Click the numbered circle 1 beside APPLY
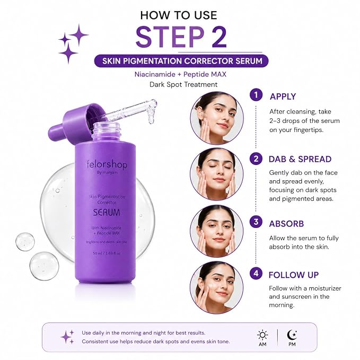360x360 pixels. click(x=256, y=95)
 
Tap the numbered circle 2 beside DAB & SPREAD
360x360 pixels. click(x=256, y=159)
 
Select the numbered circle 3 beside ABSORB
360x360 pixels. click(x=256, y=222)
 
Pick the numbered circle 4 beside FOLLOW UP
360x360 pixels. click(x=256, y=274)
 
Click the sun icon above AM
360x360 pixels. click(x=262, y=335)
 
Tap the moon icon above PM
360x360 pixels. click(x=292, y=335)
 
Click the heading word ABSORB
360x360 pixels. click(x=286, y=224)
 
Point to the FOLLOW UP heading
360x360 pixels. click(x=294, y=275)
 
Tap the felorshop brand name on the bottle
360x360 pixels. click(x=107, y=164)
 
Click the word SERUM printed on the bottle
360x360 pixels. click(x=107, y=213)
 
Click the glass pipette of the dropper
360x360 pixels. click(x=131, y=111)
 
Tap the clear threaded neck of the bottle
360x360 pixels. click(x=106, y=130)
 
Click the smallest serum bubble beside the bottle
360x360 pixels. click(x=25, y=242)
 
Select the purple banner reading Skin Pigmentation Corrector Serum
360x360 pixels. click(x=181, y=61)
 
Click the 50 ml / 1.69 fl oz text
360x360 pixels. click(x=107, y=253)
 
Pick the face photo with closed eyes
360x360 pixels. click(x=217, y=174)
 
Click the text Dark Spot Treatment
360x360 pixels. click(x=183, y=84)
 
